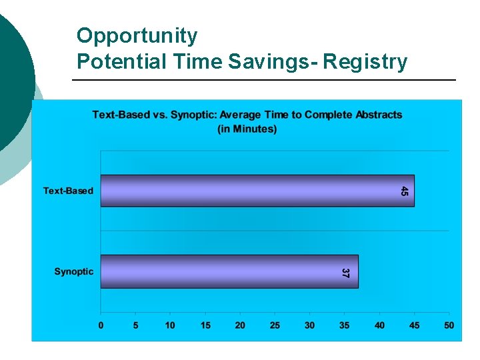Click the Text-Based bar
(257, 191)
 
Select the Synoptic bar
(229, 271)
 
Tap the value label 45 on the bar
(405, 191)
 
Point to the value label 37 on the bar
(345, 273)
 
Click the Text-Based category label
(68, 191)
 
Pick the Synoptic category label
(73, 271)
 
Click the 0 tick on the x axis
(101, 325)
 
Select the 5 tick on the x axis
(136, 325)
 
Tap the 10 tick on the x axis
(171, 325)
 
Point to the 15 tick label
(205, 325)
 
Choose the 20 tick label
(240, 325)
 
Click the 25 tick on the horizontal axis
(275, 325)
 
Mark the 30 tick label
(309, 325)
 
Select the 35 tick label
(344, 325)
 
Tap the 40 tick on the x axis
(379, 325)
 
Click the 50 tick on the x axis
(449, 325)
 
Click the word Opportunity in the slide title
(137, 35)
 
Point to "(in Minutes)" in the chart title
(247, 129)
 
